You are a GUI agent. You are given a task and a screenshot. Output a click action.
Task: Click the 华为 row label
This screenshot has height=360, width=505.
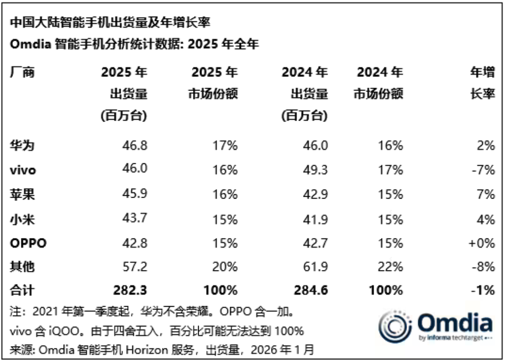[x=22, y=145]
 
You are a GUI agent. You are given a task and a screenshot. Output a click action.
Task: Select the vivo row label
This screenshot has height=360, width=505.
[x=23, y=170]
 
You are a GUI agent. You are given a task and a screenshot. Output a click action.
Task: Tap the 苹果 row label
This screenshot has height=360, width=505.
[x=22, y=194]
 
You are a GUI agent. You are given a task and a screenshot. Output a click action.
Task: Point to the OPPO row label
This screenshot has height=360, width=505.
[x=28, y=243]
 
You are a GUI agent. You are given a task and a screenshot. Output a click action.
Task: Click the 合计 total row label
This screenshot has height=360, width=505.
[x=22, y=291]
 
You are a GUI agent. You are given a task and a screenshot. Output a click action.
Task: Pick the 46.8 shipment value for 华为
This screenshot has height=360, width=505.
[x=134, y=145]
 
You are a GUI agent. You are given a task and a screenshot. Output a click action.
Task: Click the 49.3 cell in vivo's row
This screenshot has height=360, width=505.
[x=315, y=170]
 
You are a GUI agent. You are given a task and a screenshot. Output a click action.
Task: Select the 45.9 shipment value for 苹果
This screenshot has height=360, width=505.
[x=134, y=194]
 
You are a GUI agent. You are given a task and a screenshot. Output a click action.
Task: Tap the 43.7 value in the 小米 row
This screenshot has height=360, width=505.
[x=134, y=218]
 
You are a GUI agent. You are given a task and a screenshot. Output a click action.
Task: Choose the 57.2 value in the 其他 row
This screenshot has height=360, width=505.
[x=134, y=267]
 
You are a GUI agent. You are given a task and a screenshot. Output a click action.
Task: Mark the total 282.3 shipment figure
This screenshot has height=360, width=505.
[x=130, y=291]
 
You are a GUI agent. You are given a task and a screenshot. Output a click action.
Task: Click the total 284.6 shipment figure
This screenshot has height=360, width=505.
[x=311, y=291]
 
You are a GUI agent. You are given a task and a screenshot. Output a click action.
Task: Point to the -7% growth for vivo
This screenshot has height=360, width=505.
[x=484, y=170]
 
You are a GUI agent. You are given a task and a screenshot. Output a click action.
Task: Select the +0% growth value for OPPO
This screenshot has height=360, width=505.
[x=482, y=243]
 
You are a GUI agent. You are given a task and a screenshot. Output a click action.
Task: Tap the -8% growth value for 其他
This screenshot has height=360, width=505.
[x=484, y=267]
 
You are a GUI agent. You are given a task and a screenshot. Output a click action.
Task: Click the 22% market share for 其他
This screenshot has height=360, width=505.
[x=390, y=267]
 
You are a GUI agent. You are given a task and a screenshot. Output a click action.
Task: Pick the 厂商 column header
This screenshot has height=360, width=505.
[x=22, y=73]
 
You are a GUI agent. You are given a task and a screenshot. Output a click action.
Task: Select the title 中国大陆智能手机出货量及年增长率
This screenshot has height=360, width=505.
[x=111, y=22]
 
